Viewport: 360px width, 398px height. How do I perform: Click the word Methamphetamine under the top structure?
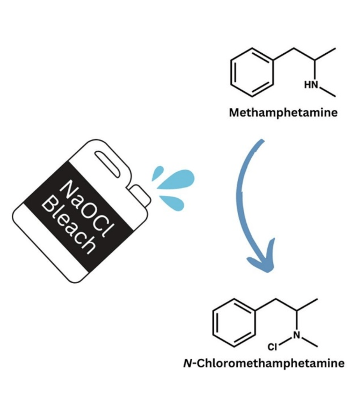pos(283,112)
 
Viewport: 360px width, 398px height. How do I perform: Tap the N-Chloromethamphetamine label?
pos(263,363)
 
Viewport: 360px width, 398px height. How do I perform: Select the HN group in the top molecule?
pos(311,85)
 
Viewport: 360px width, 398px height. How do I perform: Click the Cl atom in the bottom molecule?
pos(272,346)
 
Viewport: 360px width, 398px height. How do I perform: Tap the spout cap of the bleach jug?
pos(140,195)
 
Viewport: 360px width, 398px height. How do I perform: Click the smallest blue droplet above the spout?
pos(158,173)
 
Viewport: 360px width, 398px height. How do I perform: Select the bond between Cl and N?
pos(285,341)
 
